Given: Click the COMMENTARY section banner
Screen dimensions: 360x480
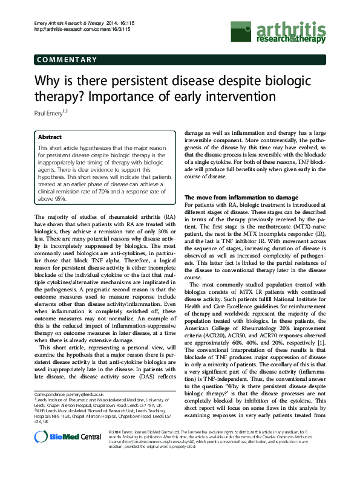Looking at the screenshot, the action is point(67,59).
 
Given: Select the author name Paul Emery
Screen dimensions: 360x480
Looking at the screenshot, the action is point(51,112).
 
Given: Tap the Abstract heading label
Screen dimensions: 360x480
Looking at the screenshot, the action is point(50,137).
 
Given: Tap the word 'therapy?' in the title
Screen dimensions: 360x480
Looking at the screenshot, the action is point(56,96).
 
